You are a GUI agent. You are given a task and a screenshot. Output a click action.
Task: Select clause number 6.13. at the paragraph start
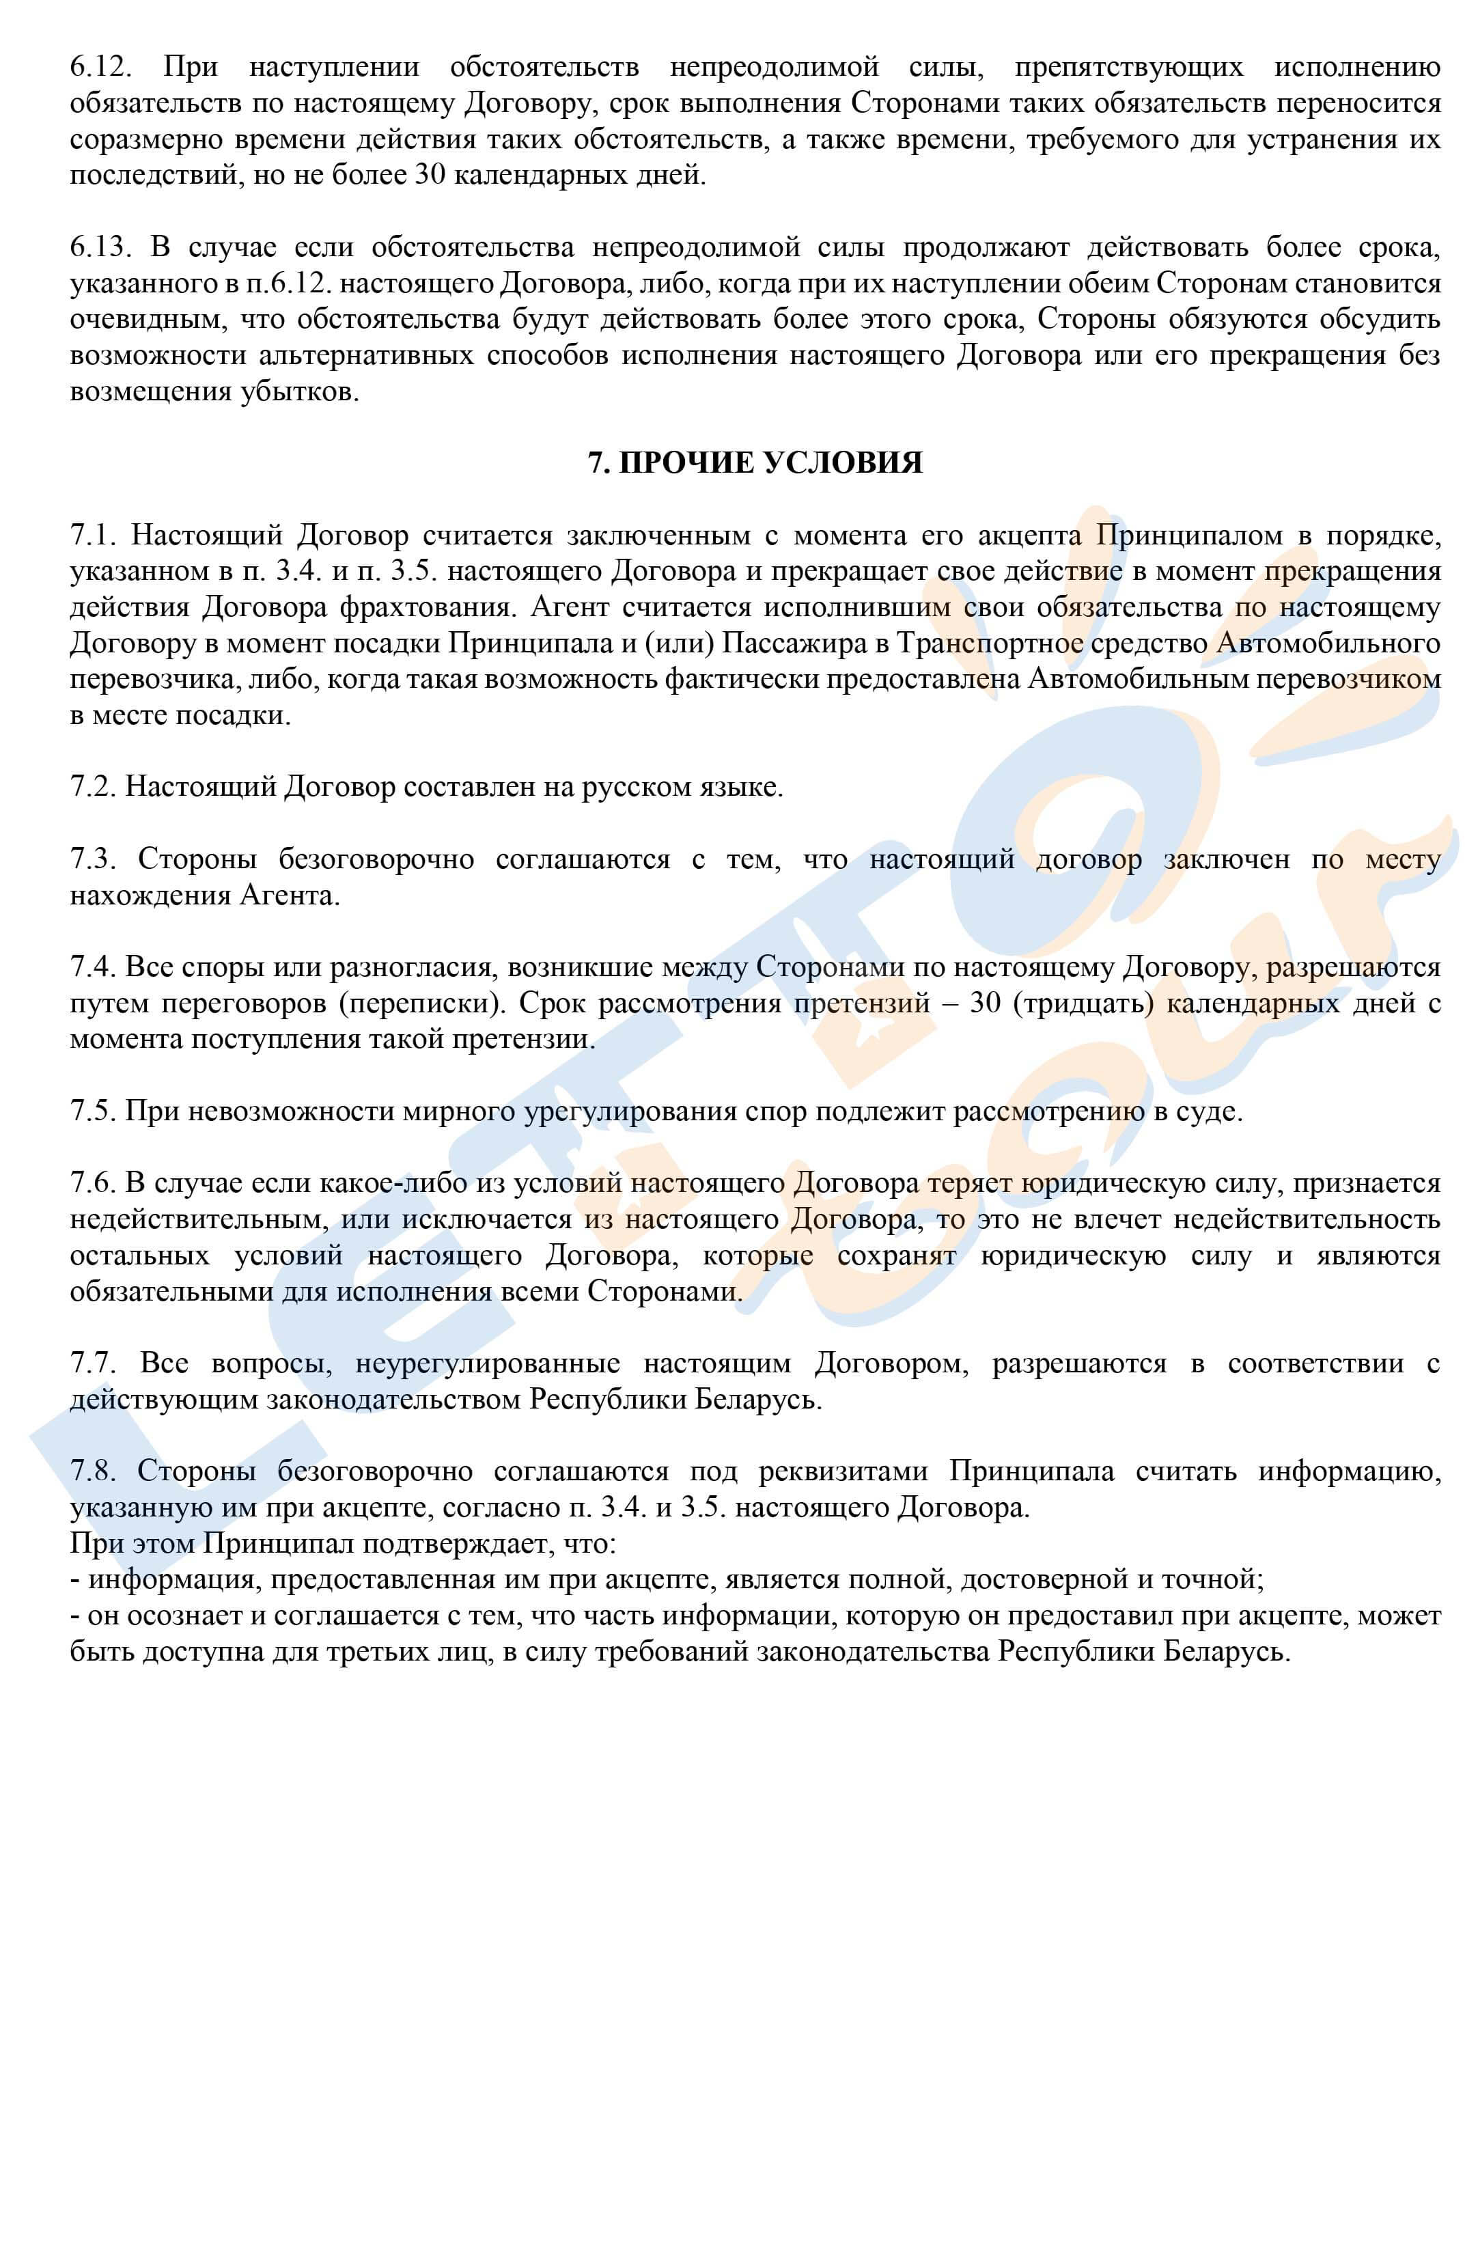pos(98,247)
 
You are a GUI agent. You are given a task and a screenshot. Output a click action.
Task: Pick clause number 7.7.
pos(94,1363)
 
